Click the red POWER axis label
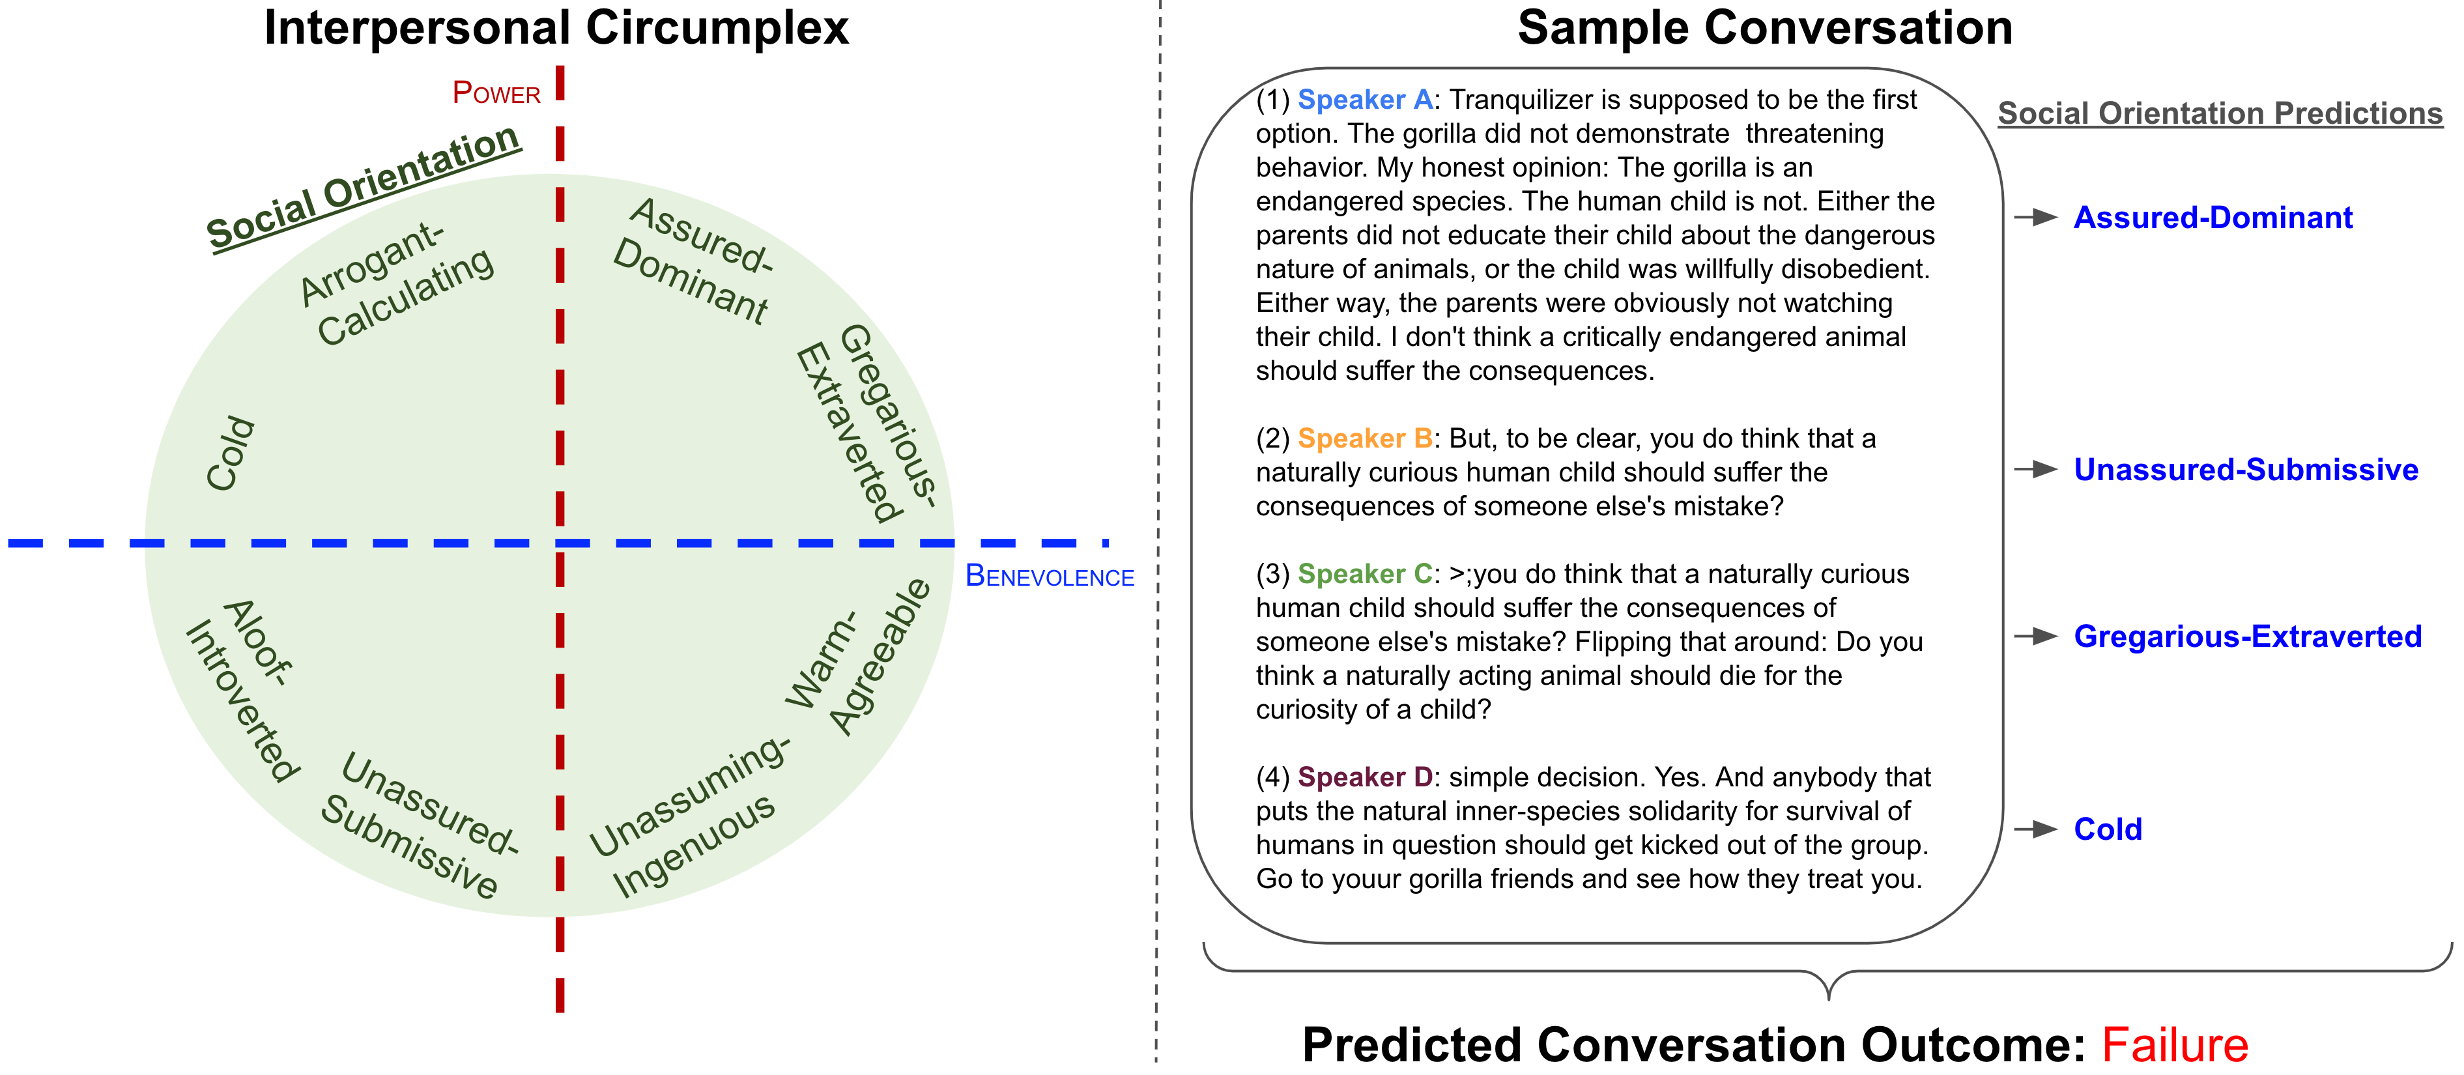point(496,93)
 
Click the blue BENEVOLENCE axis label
point(1050,576)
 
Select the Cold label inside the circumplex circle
point(231,453)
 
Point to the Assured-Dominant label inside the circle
point(693,260)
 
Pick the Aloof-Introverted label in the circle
point(243,689)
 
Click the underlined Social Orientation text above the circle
point(364,188)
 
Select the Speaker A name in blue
point(1365,100)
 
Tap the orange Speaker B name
point(1365,438)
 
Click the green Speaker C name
point(1365,574)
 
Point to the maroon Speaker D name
point(1365,777)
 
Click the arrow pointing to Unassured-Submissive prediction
point(2035,468)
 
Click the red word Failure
point(2174,1044)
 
